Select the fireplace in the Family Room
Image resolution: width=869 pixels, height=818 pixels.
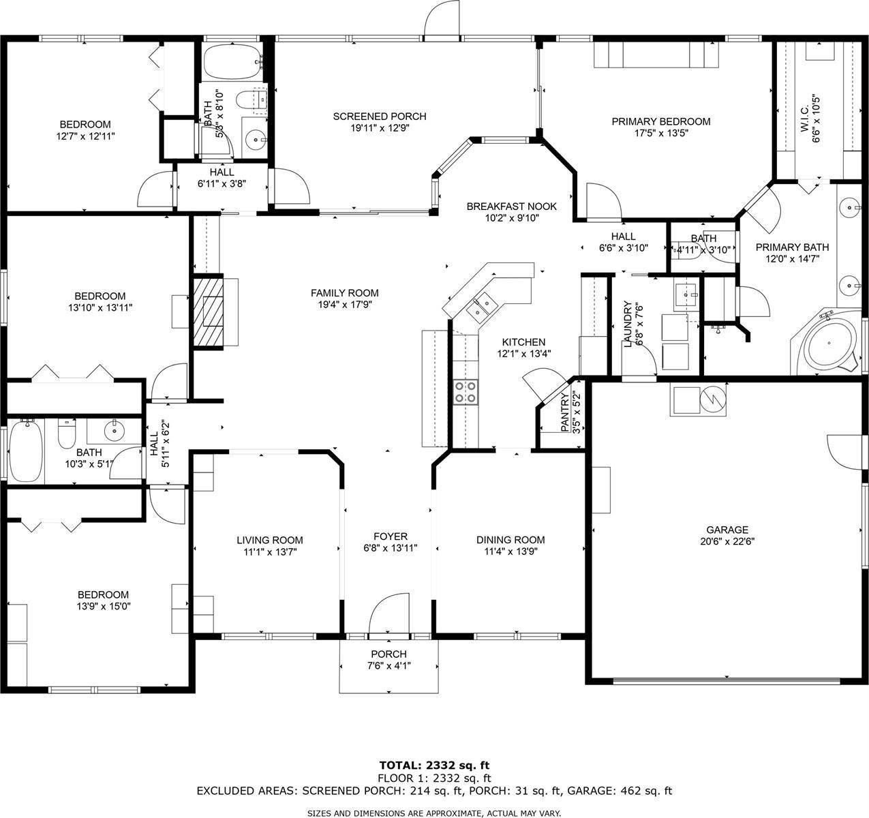pyautogui.click(x=209, y=311)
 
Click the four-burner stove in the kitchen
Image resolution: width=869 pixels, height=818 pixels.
pyautogui.click(x=466, y=393)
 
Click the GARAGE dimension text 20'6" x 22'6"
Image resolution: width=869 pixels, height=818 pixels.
pyautogui.click(x=727, y=541)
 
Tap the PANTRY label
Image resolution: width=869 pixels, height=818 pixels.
pyautogui.click(x=565, y=412)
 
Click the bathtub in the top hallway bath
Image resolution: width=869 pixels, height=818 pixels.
pyautogui.click(x=232, y=63)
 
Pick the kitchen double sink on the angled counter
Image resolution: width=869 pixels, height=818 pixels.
pyautogui.click(x=481, y=305)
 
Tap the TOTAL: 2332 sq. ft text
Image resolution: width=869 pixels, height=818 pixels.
pyautogui.click(x=434, y=765)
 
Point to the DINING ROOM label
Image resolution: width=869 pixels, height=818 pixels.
pyautogui.click(x=510, y=540)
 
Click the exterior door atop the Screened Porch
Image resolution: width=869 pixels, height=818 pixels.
pyautogui.click(x=441, y=20)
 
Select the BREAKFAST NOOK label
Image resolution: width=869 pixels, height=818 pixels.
pyautogui.click(x=511, y=207)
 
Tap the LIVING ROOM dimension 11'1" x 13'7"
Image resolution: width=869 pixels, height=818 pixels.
pyautogui.click(x=269, y=551)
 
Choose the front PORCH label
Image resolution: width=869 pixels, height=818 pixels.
pyautogui.click(x=388, y=654)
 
